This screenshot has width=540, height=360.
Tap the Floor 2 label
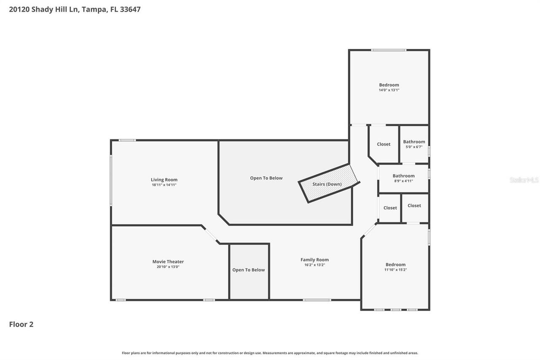(21, 324)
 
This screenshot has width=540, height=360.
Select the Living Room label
(164, 180)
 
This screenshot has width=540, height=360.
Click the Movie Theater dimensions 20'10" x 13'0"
(168, 267)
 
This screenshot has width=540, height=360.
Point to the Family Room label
(314, 260)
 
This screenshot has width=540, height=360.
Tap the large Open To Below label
(266, 178)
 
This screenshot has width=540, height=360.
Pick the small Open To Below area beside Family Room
(249, 270)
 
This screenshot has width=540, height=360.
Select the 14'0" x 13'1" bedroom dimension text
(389, 90)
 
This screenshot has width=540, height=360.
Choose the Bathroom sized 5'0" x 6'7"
(414, 144)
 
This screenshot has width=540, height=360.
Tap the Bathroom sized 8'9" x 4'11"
(403, 178)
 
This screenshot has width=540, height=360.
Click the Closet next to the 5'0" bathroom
(383, 144)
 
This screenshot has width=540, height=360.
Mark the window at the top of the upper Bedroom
(389, 50)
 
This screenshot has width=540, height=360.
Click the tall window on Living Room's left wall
(111, 181)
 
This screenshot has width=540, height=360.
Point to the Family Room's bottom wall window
(317, 300)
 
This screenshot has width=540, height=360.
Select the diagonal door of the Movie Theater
(210, 234)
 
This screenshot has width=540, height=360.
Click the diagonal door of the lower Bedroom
(370, 230)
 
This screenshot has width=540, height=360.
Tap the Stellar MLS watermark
(524, 180)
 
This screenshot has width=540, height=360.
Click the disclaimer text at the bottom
(270, 353)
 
